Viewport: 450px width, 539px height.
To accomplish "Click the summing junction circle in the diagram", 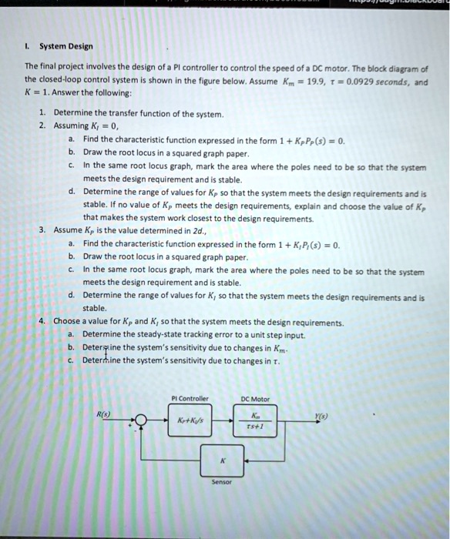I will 139,421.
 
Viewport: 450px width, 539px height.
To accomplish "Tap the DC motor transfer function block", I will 254,421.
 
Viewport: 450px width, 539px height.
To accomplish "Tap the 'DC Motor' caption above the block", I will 254,398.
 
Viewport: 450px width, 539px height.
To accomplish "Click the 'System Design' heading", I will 66,45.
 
